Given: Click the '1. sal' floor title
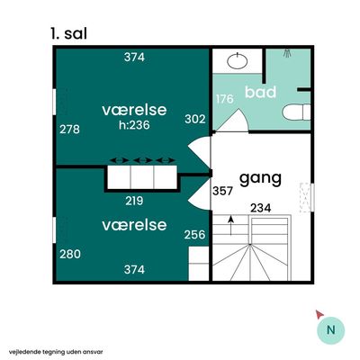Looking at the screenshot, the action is (69, 33).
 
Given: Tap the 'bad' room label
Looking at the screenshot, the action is (260, 92).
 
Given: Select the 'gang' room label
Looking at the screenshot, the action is (260, 179).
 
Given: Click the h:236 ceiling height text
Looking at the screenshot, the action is (134, 125).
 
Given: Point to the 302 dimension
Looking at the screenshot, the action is (195, 119).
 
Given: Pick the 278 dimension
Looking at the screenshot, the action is (69, 130).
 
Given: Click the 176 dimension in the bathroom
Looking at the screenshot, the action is (225, 99).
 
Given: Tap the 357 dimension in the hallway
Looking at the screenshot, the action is (222, 191).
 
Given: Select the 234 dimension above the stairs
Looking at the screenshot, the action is (261, 208).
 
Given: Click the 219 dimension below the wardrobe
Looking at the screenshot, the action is (134, 201).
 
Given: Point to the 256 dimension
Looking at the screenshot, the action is (195, 234).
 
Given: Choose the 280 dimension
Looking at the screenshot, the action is (70, 254).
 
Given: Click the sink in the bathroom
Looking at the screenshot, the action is (238, 61).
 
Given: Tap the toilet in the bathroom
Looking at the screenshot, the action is (296, 112).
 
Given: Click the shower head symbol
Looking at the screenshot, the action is (288, 53).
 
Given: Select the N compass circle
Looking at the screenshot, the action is (331, 330).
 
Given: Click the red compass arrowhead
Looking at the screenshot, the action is (319, 314).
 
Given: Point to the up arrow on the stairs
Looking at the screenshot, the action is (230, 225).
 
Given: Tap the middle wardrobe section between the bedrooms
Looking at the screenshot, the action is (142, 177).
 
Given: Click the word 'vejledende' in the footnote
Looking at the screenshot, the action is (21, 352).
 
